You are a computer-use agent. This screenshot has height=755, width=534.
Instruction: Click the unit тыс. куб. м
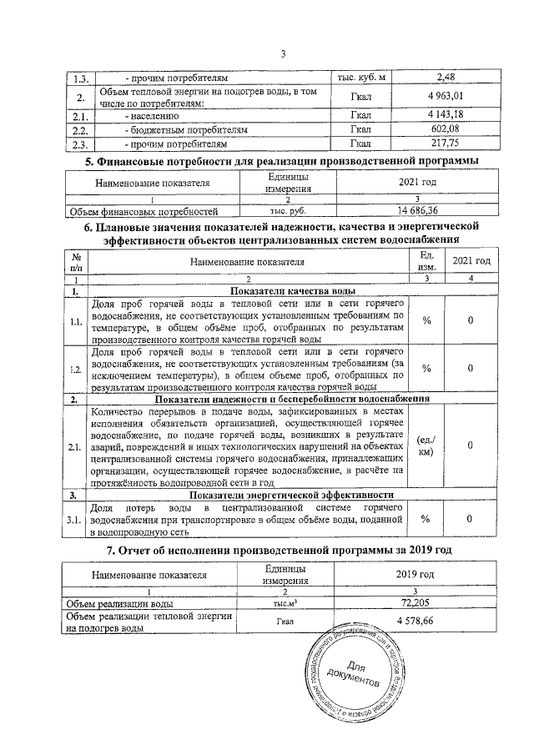click(361, 78)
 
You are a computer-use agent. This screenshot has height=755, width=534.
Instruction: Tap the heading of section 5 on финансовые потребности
click(283, 160)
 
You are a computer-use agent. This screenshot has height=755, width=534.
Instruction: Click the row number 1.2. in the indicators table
click(76, 369)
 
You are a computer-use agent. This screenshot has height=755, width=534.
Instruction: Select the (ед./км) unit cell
click(426, 447)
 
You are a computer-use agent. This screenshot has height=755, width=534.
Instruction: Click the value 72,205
click(415, 601)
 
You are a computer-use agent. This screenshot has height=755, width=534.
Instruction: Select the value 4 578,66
click(415, 622)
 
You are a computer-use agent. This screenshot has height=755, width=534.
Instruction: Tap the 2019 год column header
click(415, 574)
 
